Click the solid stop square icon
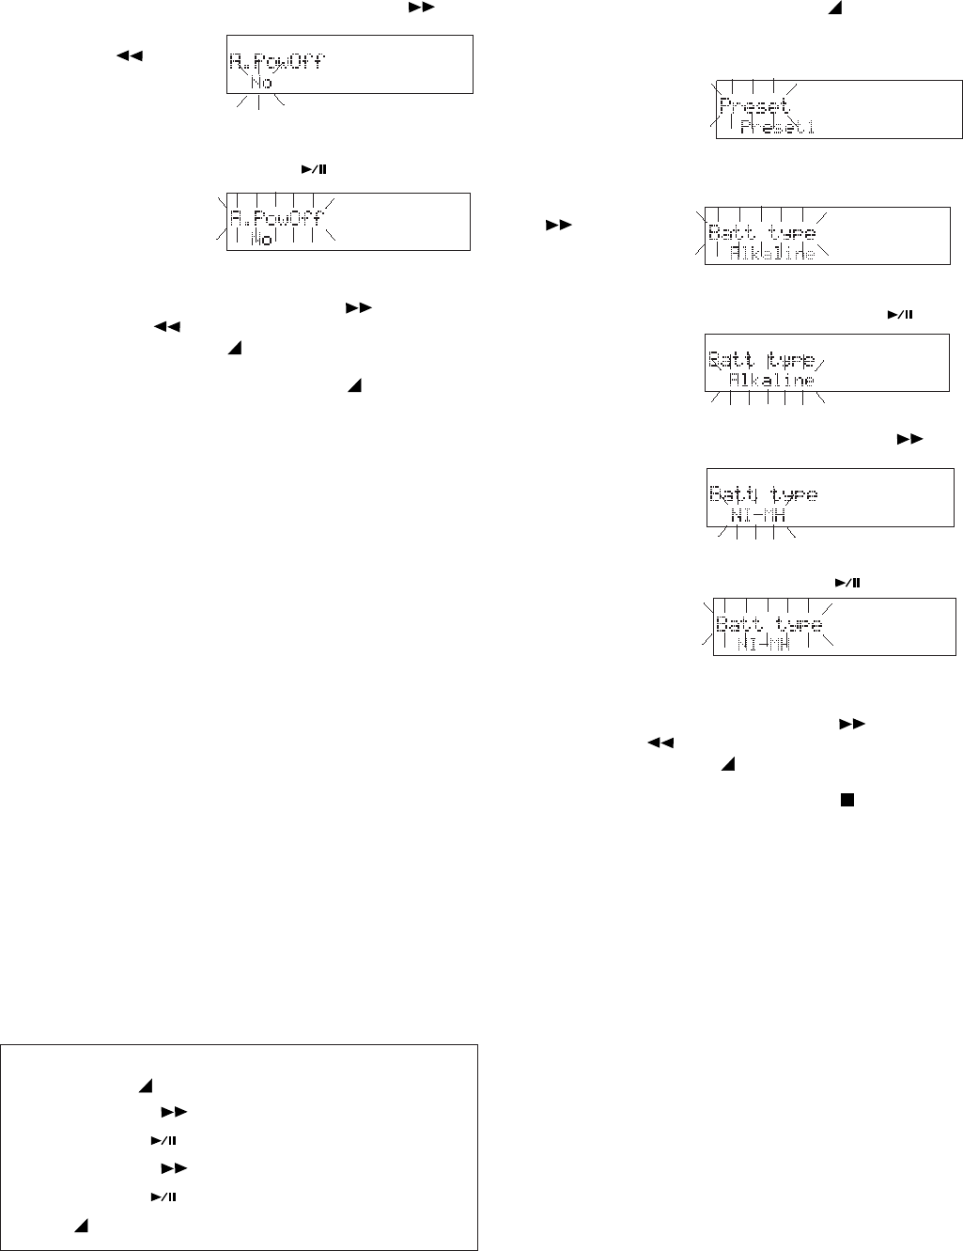847,800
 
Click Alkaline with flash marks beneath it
771,381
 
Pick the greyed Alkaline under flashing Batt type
772,253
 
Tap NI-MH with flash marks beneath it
757,516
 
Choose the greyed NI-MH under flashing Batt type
764,644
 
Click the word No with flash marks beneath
261,83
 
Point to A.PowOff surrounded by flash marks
276,220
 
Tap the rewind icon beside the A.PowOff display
129,56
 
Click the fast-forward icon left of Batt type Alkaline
559,226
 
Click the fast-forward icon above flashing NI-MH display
909,438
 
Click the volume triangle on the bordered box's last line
81,1227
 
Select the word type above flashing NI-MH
793,494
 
